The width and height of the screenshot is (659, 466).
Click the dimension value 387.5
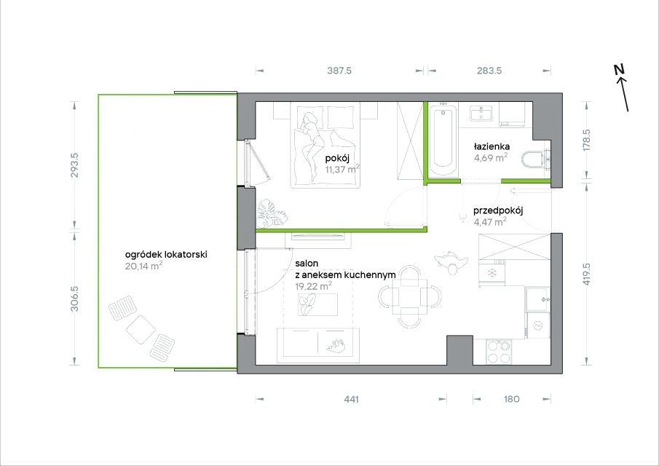(x=339, y=71)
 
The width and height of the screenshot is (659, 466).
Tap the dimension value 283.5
(x=489, y=71)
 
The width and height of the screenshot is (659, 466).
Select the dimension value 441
(x=352, y=399)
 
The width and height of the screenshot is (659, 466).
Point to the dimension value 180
(x=511, y=399)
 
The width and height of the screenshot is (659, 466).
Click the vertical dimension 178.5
(x=587, y=141)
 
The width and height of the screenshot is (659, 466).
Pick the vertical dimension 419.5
(x=587, y=275)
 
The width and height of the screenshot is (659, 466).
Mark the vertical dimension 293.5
(x=74, y=165)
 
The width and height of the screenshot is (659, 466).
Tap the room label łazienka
(x=492, y=146)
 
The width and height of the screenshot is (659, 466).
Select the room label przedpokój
(x=498, y=211)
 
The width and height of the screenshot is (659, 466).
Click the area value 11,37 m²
(x=342, y=169)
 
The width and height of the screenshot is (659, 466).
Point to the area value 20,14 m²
(x=143, y=266)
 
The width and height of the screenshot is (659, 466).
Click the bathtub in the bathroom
(x=443, y=141)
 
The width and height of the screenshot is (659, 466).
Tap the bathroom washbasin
(x=481, y=114)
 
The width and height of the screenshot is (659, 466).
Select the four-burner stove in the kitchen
(x=499, y=352)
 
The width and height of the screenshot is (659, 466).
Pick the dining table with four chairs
(x=410, y=296)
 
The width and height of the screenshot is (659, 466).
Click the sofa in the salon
(x=318, y=345)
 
